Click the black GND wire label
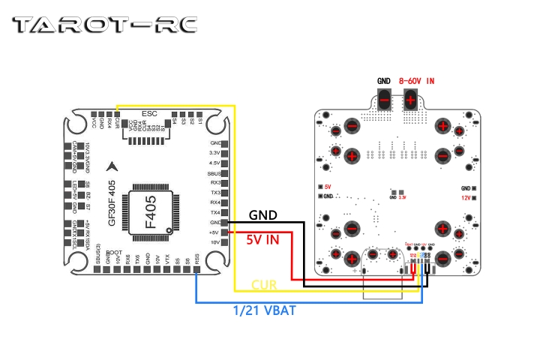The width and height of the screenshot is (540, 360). [x=262, y=215]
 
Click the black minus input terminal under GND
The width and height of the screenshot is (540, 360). [x=384, y=99]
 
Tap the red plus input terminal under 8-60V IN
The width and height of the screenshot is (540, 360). [x=412, y=99]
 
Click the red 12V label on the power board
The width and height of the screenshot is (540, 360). [x=467, y=197]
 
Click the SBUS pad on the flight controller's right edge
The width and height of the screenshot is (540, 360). [x=215, y=172]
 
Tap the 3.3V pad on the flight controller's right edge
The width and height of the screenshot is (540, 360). [x=215, y=152]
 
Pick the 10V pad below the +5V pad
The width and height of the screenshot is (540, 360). [x=215, y=243]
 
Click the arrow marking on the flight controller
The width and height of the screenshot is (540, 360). [x=113, y=166]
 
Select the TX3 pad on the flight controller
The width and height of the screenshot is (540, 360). [x=215, y=193]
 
